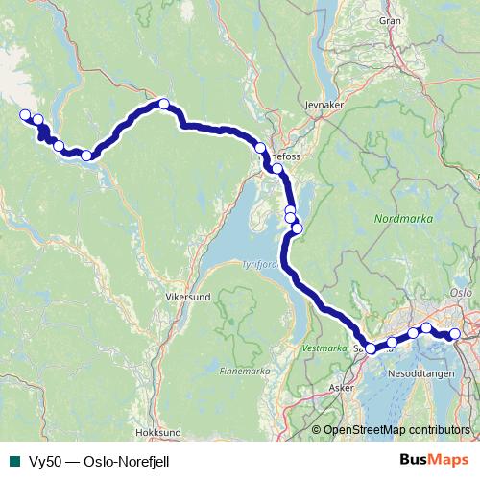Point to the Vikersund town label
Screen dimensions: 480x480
point(188,298)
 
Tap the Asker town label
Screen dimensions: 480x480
point(341,389)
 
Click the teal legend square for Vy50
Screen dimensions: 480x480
point(13,460)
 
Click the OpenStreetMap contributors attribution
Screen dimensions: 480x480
point(396,429)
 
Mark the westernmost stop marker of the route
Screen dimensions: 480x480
point(25,115)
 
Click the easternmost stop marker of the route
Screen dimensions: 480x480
point(455,334)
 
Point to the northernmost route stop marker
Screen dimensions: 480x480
point(164,104)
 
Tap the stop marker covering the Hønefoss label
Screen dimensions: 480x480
point(260,148)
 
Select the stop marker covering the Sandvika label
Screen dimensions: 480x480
point(371,348)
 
